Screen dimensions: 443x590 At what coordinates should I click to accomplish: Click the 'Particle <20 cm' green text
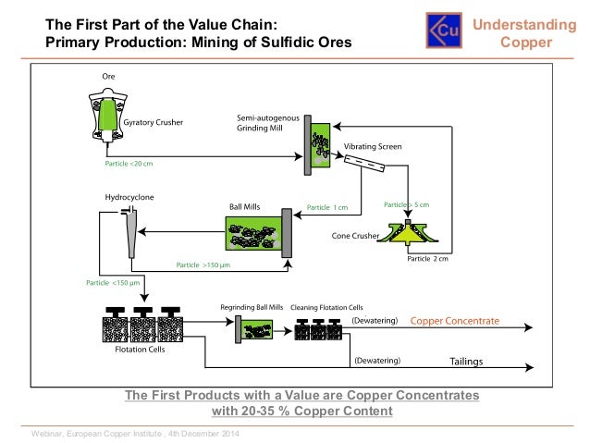[x=129, y=164]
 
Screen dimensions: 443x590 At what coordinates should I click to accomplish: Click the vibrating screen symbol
[x=363, y=168]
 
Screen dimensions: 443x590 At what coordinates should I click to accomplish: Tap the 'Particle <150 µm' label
[x=112, y=282]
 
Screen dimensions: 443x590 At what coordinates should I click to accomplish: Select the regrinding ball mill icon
[x=252, y=326]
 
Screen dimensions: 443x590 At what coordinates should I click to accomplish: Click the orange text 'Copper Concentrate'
[x=454, y=321]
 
